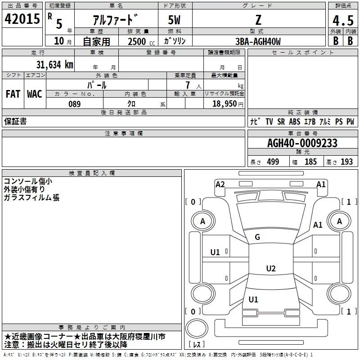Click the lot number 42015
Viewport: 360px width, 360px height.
(22, 20)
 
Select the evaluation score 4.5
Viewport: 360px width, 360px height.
(342, 21)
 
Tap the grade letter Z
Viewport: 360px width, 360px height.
(258, 20)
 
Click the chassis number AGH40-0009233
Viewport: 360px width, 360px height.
(302, 143)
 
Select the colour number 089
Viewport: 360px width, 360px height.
(74, 104)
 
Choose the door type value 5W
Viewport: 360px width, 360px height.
(175, 21)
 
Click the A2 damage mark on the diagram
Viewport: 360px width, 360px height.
(220, 184)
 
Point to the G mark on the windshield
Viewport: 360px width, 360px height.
(257, 237)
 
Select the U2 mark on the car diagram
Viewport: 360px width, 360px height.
(270, 269)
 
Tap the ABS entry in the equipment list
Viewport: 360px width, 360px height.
(295, 121)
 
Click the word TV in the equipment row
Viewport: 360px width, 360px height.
(269, 121)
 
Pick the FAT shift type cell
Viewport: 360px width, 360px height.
(13, 94)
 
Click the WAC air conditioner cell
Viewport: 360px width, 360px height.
(34, 94)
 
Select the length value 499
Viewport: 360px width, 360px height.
(273, 162)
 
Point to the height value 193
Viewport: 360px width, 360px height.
(346, 162)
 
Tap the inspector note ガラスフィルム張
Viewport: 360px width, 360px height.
(31, 198)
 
